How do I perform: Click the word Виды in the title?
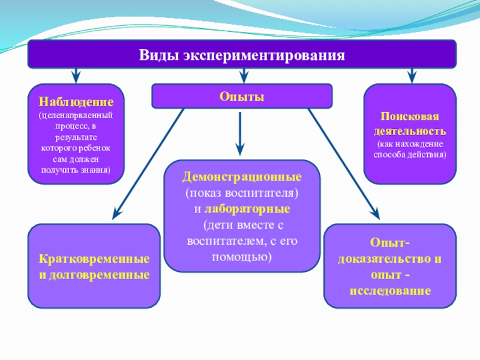point(157,56)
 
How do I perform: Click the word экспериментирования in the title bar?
point(261,56)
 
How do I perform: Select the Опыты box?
point(241,96)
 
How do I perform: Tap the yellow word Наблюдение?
point(76,101)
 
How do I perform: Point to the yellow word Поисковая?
point(410,116)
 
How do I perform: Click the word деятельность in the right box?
point(410,130)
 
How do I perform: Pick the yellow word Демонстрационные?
point(242,178)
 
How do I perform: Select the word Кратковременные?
point(94,261)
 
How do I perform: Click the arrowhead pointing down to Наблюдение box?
point(76,77)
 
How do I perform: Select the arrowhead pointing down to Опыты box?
point(243,77)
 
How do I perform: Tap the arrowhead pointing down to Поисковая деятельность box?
point(411,77)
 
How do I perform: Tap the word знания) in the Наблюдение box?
point(94,170)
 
